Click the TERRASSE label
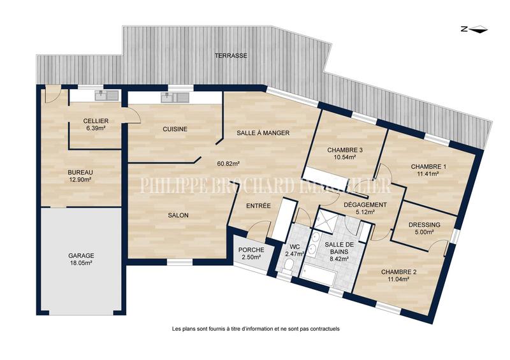(231, 56)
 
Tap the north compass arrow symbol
(474, 29)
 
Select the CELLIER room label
(96, 121)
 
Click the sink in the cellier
(106, 96)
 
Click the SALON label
(178, 215)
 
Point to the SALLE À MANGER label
(263, 133)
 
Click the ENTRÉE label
(259, 206)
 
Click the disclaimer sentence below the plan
(256, 329)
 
